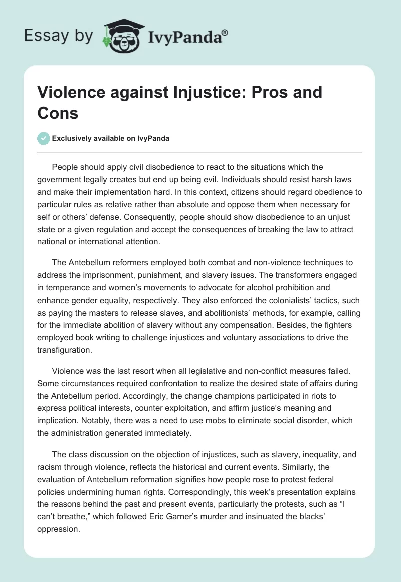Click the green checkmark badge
tap(43, 138)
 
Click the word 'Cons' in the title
tap(58, 113)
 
